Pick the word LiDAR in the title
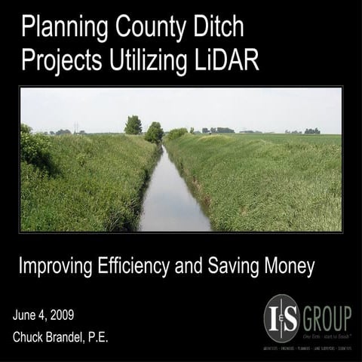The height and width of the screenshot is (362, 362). click(226, 60)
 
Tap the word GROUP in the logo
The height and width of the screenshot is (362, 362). click(326, 314)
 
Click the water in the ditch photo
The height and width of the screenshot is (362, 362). click(173, 204)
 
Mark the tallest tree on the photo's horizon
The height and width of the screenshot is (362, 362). click(133, 124)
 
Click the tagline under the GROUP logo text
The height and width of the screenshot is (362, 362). click(326, 333)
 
